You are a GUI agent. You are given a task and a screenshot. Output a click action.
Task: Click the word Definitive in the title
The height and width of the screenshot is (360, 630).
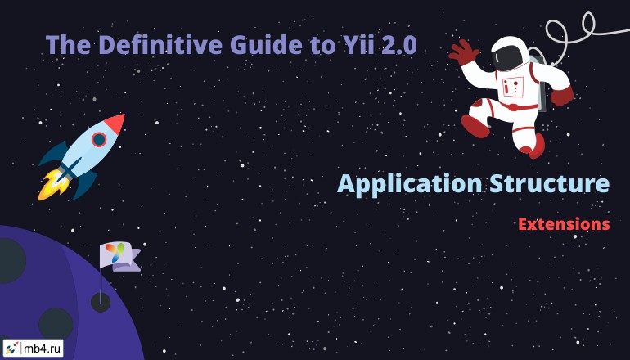160,44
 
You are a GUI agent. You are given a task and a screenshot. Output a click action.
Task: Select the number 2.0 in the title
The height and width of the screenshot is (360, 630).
399,44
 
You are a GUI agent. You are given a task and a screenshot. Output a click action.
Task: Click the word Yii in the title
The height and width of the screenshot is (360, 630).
359,44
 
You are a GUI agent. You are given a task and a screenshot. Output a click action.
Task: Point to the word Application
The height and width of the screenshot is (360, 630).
410,185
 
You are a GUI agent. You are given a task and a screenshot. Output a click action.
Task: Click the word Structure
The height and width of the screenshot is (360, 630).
550,183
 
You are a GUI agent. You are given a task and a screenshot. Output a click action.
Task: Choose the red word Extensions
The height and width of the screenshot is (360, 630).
564,224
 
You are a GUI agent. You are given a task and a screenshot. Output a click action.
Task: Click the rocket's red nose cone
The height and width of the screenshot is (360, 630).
115,124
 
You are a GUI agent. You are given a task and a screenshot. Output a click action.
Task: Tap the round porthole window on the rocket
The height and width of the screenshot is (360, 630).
99,139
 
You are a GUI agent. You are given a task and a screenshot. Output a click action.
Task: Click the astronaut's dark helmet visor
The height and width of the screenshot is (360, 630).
506,57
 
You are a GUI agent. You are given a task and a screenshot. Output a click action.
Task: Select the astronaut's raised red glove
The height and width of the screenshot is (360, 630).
463,52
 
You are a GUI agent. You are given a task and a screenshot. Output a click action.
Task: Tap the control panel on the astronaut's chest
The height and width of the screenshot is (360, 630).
513,87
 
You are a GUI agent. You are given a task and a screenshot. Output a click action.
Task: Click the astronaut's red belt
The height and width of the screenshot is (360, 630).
516,106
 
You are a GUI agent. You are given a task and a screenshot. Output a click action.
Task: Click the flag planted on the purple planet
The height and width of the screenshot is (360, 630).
119,256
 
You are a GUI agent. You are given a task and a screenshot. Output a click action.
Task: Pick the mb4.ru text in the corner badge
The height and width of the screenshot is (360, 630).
42,349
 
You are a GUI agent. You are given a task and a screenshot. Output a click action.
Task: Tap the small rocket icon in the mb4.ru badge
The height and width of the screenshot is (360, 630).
11,348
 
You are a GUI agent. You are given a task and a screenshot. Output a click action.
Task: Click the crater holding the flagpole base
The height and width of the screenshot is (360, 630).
101,302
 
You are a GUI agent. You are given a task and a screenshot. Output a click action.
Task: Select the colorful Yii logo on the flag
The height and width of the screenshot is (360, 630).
115,252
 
